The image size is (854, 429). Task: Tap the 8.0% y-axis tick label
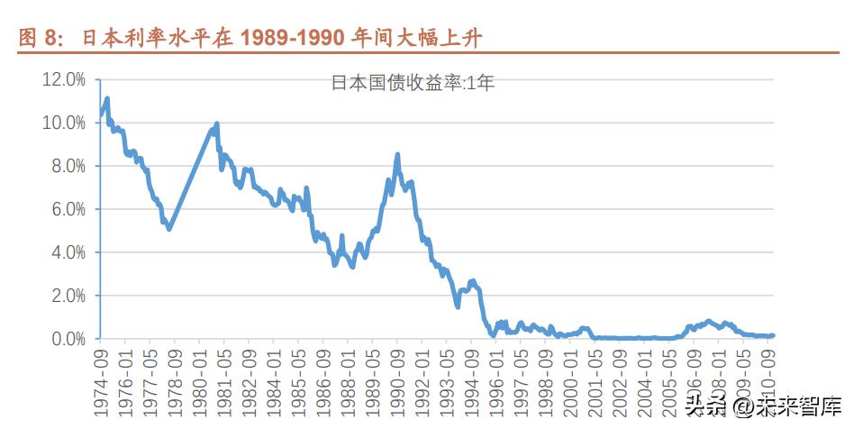(66, 166)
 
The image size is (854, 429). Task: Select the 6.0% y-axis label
(66, 209)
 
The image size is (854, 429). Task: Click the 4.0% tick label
(66, 252)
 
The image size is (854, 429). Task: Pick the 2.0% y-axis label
(66, 296)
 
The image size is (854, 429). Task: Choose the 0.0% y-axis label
(66, 339)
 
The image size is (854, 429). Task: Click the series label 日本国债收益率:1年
(413, 83)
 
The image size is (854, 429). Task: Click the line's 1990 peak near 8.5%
(397, 155)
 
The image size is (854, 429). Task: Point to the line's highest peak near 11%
(107, 98)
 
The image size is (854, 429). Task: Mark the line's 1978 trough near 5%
(169, 229)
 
